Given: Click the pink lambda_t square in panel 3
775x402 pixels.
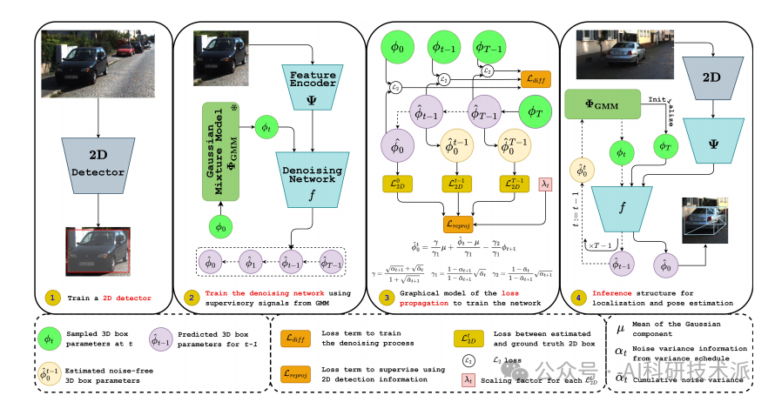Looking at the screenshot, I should pyautogui.click(x=544, y=184).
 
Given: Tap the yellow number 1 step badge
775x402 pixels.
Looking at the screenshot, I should pyautogui.click(x=54, y=296).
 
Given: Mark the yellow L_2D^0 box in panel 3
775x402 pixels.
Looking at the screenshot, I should pyautogui.click(x=397, y=183).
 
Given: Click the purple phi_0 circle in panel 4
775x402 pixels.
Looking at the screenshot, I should pyautogui.click(x=667, y=264).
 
